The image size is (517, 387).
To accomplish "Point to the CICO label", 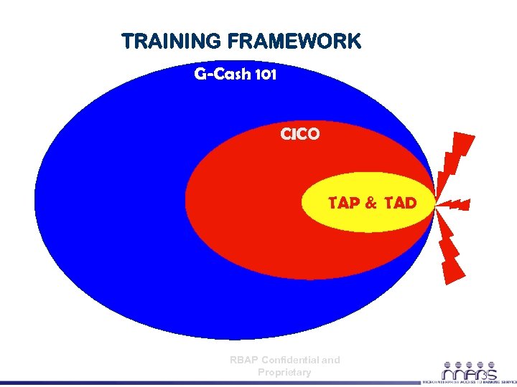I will click(299, 134).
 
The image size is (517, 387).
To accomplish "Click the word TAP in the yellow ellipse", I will click(343, 203).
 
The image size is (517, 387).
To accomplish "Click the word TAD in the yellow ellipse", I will click(400, 203).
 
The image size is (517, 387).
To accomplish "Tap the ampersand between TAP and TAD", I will click(371, 203).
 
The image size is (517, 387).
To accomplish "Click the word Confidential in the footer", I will click(292, 360).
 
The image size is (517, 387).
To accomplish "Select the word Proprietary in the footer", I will click(284, 372).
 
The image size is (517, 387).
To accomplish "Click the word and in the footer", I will click(331, 360).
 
